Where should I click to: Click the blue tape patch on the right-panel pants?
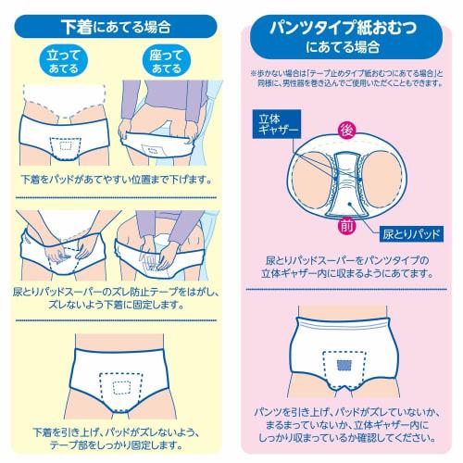[345, 363]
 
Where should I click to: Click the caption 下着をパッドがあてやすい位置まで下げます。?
[115, 179]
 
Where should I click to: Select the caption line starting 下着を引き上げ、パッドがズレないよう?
[115, 432]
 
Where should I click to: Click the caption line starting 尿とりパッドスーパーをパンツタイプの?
[344, 261]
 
